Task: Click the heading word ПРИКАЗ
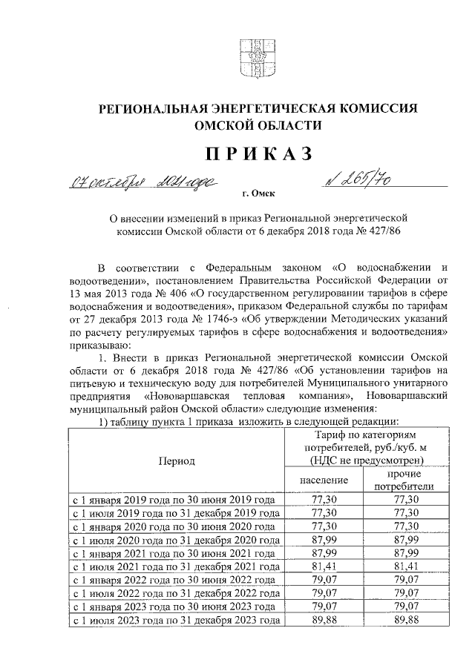253,153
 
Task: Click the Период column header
176,461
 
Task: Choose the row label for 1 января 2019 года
176,500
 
